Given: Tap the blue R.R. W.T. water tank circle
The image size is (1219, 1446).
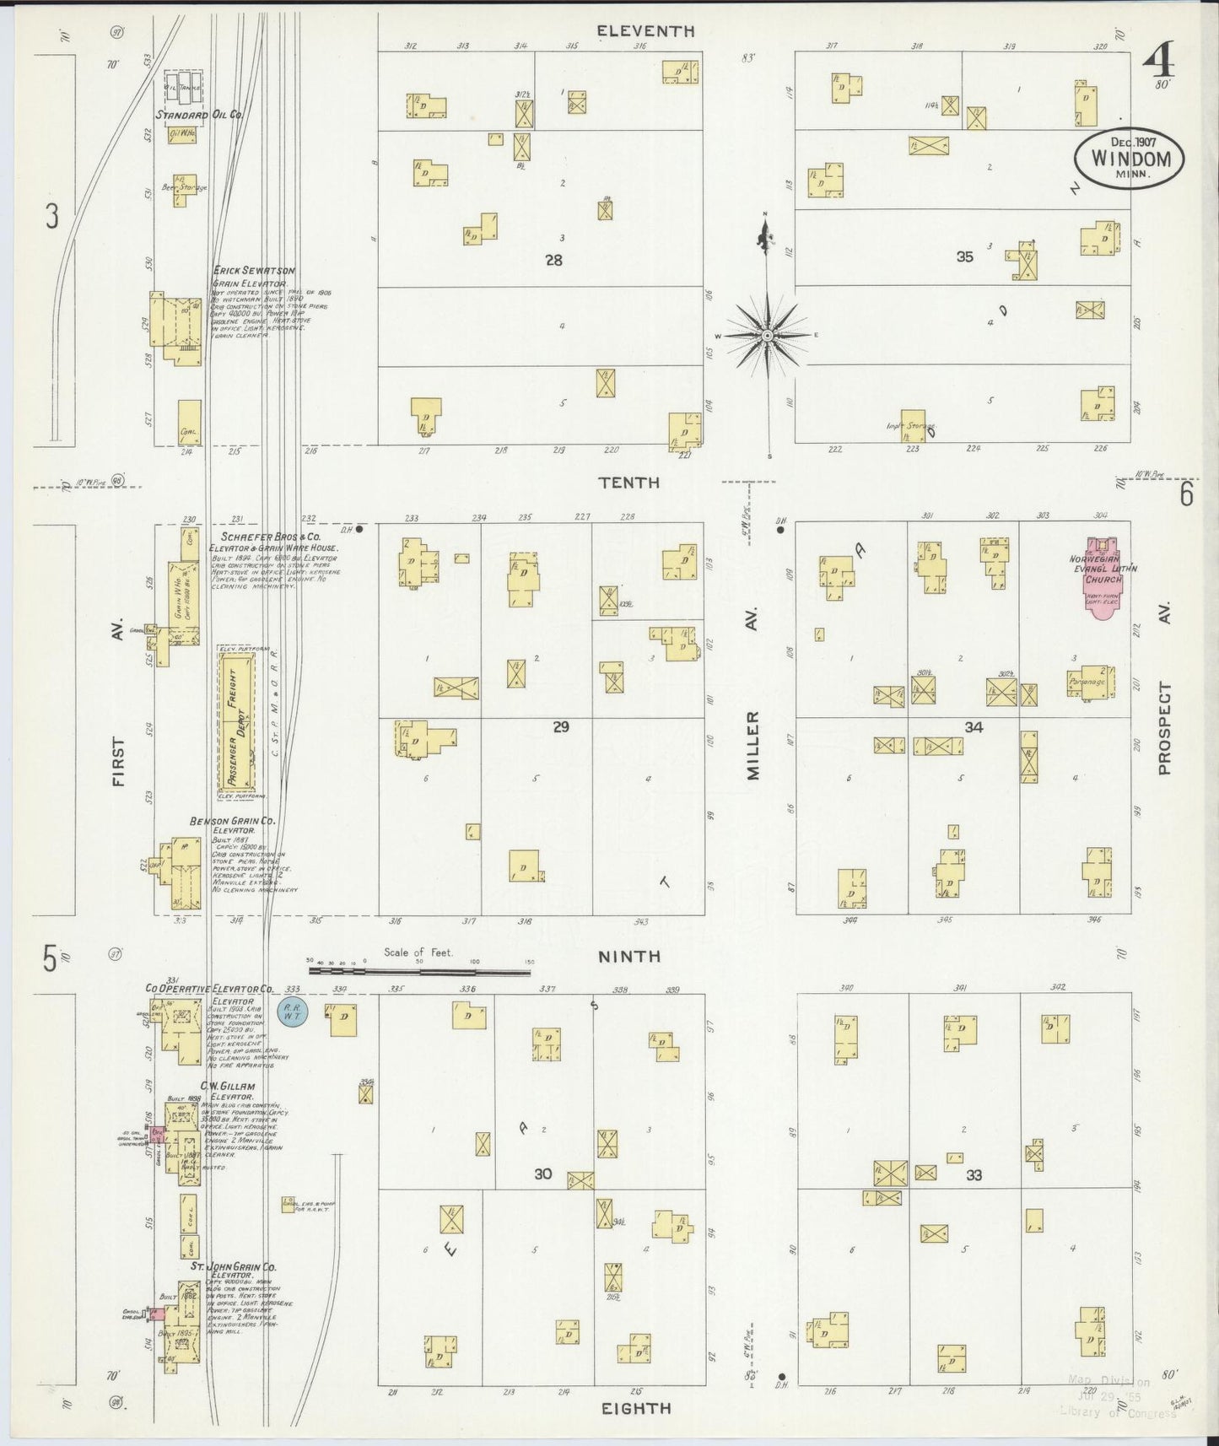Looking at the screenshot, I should (x=294, y=1011).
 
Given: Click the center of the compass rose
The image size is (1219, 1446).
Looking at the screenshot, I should (x=767, y=336).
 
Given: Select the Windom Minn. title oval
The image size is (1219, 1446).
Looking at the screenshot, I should (x=1129, y=157).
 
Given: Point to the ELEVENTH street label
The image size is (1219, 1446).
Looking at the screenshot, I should (x=645, y=31).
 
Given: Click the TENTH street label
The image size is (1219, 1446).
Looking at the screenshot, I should (x=628, y=483).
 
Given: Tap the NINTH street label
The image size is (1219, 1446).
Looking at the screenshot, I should (x=629, y=957).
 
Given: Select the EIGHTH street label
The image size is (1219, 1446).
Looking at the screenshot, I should (x=636, y=1408).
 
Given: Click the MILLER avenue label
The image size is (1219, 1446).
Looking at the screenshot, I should (x=752, y=744).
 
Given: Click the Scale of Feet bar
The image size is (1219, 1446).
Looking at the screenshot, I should (x=419, y=971).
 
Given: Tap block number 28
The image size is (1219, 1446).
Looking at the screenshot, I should (x=553, y=261).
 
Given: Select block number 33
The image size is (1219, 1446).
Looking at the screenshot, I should (x=974, y=1175).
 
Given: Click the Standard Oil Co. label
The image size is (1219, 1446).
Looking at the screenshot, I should (x=200, y=114).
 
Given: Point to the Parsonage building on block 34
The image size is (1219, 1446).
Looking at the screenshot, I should (x=1091, y=683).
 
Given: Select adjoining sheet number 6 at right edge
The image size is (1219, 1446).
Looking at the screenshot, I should (x=1186, y=494).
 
